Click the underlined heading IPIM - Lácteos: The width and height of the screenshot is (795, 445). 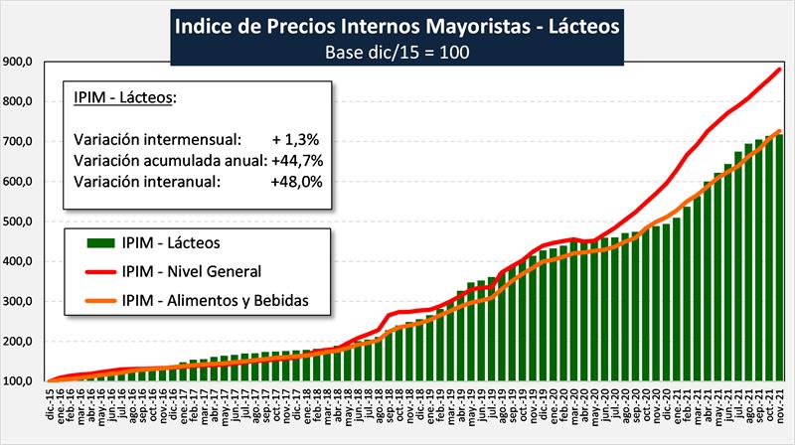[x=125, y=96]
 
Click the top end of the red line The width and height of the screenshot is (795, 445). [x=778, y=69]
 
